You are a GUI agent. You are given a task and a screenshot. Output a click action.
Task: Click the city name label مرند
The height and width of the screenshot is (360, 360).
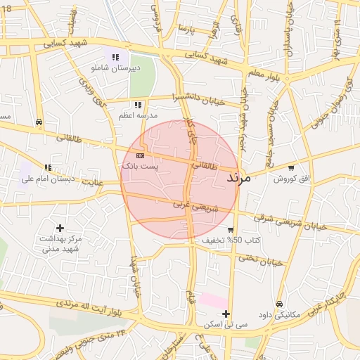pyautogui.click(x=239, y=179)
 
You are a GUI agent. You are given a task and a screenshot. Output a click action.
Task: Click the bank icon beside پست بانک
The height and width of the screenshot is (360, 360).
pyautogui.click(x=140, y=155)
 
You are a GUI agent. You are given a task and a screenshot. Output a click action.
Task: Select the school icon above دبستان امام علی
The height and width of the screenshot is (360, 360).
pyautogui.click(x=48, y=167)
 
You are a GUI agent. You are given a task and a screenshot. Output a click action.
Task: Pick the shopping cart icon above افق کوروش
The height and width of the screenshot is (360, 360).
pyautogui.click(x=291, y=168)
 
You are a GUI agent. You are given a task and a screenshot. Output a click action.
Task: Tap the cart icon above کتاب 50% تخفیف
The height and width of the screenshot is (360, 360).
pyautogui.click(x=231, y=230)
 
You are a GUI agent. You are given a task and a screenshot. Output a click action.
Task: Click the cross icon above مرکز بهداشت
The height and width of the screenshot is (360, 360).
pyautogui.click(x=60, y=228)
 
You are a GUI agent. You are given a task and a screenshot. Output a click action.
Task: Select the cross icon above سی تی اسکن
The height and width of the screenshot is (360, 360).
pyautogui.click(x=226, y=314)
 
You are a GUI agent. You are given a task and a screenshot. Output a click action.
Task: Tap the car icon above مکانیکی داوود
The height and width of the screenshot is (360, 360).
pyautogui.click(x=280, y=304)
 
